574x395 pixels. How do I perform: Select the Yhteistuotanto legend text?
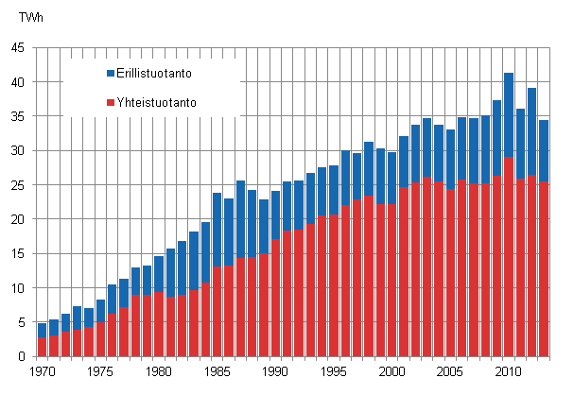coord(156,102)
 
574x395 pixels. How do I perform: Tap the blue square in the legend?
coord(110,72)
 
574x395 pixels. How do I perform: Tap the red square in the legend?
coord(110,102)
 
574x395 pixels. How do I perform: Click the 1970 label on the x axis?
coord(43,371)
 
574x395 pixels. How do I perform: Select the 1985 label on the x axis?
coord(217,371)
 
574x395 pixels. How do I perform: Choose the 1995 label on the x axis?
coord(333,371)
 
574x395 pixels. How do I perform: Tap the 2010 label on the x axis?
coord(508,371)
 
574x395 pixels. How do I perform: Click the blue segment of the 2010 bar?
coord(508,114)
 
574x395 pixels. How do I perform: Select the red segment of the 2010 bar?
coord(508,256)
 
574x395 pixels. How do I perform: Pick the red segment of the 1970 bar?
coord(43,347)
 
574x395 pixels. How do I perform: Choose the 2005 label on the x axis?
coord(449,371)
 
